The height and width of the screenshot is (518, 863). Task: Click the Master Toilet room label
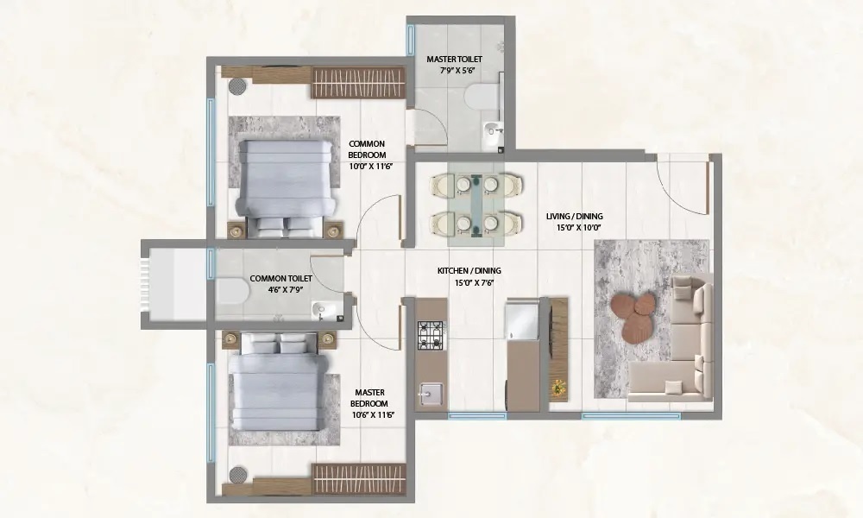click(x=454, y=66)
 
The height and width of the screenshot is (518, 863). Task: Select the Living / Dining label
click(x=574, y=222)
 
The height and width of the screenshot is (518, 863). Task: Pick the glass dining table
click(x=476, y=202)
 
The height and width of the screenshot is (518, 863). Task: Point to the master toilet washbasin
click(x=491, y=129)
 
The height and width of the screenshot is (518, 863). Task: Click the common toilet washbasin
click(x=326, y=310)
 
